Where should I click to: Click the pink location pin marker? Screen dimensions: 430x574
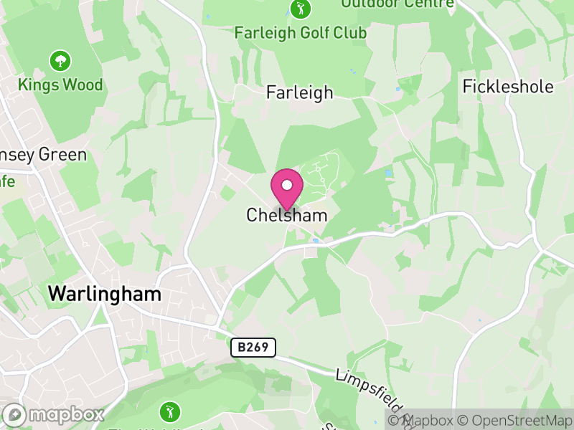[287, 190]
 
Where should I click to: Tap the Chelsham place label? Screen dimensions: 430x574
[287, 215]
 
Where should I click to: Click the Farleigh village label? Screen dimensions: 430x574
[300, 92]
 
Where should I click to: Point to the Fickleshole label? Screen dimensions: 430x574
[508, 87]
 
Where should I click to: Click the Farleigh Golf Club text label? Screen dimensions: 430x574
[301, 33]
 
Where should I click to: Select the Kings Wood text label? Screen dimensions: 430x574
[61, 85]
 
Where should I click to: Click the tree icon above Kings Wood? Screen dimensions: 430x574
[60, 61]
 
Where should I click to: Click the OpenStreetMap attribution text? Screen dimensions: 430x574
[515, 421]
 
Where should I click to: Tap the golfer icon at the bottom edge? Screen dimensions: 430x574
[170, 412]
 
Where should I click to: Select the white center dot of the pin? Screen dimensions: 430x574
[287, 185]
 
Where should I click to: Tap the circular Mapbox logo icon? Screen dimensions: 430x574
[14, 414]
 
